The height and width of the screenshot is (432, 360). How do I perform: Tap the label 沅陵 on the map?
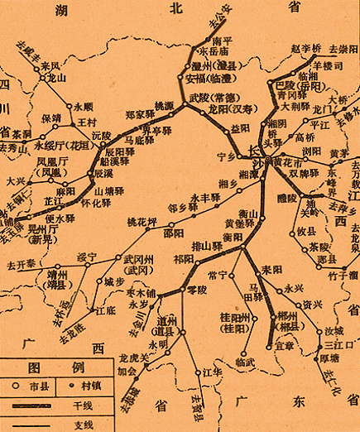point(101,134)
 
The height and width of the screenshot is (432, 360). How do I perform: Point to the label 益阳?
point(239,129)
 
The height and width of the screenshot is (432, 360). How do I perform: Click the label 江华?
point(213,373)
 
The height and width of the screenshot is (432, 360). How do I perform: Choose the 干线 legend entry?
point(83,405)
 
